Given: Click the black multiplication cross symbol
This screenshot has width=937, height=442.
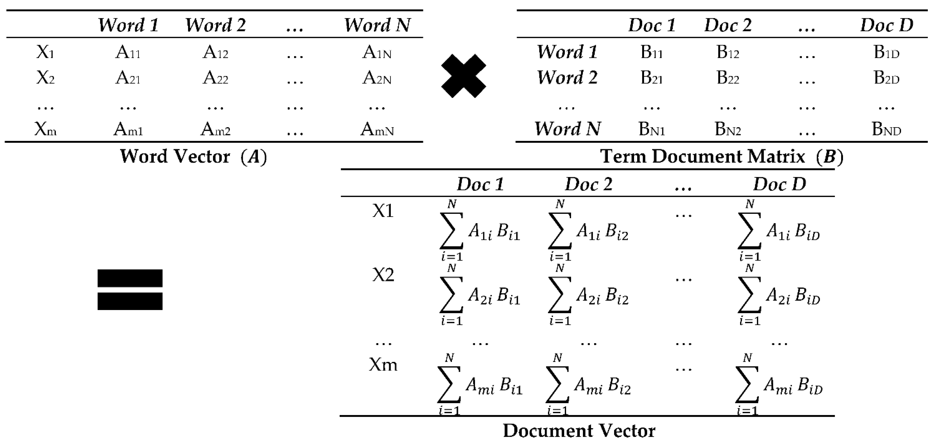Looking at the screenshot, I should [463, 76].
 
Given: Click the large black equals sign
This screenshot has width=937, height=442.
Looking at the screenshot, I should [130, 290].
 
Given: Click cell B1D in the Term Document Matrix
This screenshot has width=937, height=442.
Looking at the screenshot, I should [886, 53].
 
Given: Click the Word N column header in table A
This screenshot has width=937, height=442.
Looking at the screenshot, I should [377, 25].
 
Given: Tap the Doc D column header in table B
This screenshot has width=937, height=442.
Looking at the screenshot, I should [886, 25].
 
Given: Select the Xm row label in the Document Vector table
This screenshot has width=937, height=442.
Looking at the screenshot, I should [383, 364].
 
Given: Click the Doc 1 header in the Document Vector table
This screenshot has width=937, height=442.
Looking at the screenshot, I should [480, 184].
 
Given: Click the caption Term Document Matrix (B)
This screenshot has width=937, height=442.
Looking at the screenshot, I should [722, 157].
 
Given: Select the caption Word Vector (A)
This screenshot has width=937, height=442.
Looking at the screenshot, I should [193, 157].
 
